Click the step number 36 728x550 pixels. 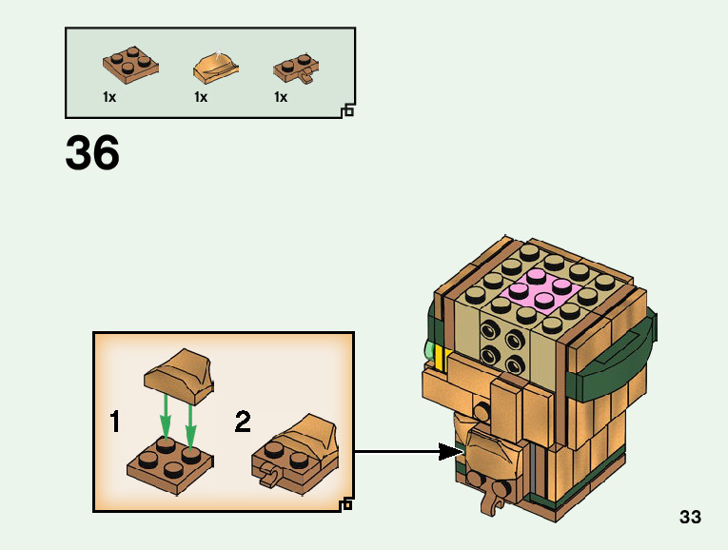pos(92,153)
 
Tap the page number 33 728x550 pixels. pos(690,518)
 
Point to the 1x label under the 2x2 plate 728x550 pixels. pos(109,97)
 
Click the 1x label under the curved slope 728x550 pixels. pos(201,97)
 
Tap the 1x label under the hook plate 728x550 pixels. pos(281,97)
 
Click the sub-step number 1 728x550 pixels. pos(115,422)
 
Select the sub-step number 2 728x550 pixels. pos(243,422)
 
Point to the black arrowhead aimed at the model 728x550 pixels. pos(451,452)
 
